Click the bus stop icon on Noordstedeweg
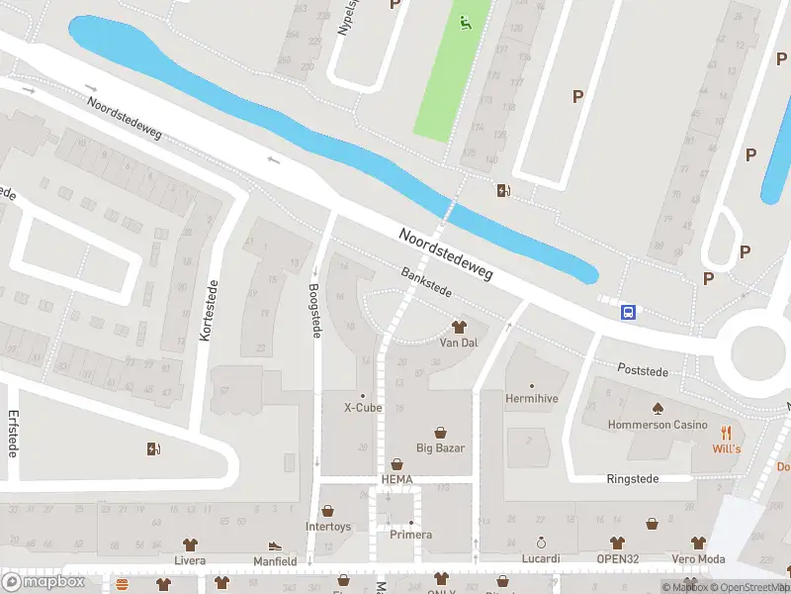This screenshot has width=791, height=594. pos(628,313)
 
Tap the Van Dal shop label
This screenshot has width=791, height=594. pos(458,343)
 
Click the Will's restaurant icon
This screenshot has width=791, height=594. pos(726,432)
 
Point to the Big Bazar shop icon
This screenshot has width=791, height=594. pos(440,432)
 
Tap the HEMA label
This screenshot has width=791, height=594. pos(396,480)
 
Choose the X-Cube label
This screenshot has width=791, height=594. pos(362,407)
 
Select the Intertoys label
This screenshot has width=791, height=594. pos(328,527)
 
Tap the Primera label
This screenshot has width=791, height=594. pos(410,535)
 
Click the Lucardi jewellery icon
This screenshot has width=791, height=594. pos(541,543)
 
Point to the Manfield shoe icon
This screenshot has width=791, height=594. pos(274,545)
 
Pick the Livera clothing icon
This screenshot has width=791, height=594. pos(190,544)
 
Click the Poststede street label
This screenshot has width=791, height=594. pos(643,371)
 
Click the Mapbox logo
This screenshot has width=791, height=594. pos(44,581)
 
